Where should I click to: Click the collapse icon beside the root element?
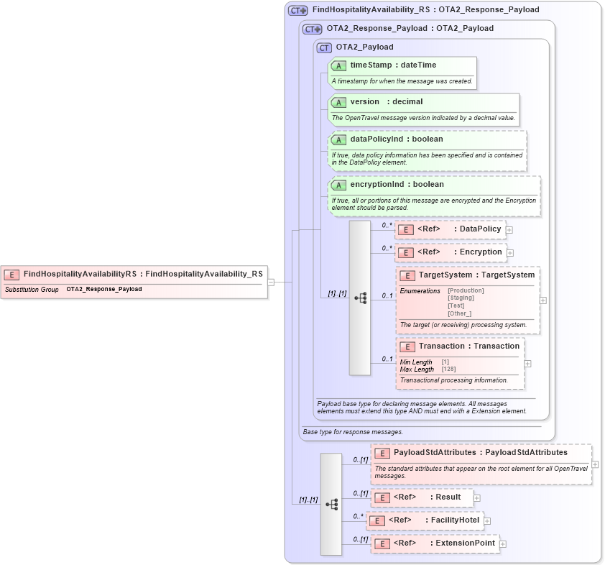tap(271, 282)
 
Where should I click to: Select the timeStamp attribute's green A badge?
tap(338, 65)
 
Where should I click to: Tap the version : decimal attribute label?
tap(386, 102)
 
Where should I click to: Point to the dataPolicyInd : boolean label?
tap(396, 139)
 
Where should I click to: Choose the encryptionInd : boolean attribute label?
tap(397, 185)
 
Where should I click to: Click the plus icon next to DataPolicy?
tap(509, 230)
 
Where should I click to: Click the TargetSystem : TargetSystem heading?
tap(476, 275)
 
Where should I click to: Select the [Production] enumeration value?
tap(466, 290)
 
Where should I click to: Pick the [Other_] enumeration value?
tap(459, 313)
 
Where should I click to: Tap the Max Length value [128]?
tap(449, 369)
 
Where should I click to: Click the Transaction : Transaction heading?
tap(468, 346)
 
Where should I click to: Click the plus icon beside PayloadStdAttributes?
tap(595, 464)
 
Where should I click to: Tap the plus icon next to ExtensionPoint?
tap(503, 543)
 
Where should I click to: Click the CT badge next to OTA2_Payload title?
tap(324, 47)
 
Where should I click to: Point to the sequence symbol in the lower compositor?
tap(331, 505)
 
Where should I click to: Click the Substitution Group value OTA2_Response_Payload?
tap(104, 290)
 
